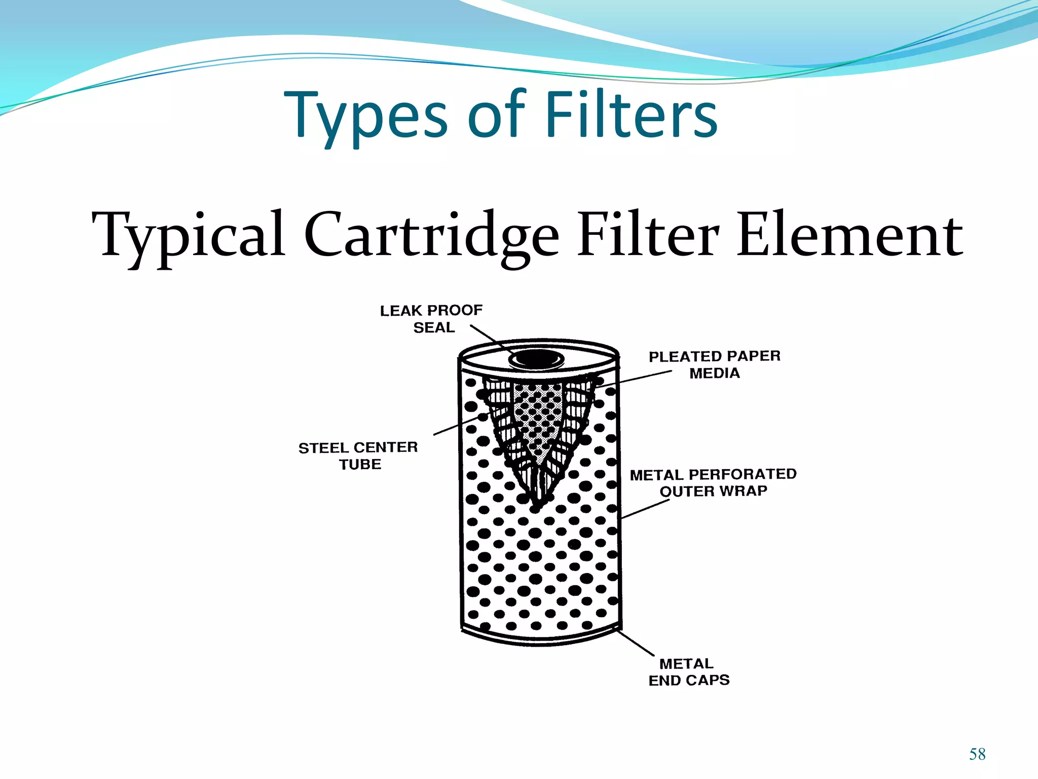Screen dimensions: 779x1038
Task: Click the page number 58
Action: pyautogui.click(x=977, y=754)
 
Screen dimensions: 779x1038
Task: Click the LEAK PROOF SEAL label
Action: pyautogui.click(x=431, y=318)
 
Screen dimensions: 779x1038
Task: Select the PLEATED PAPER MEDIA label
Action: pyautogui.click(x=715, y=364)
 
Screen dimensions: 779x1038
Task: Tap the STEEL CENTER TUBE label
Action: pyautogui.click(x=358, y=455)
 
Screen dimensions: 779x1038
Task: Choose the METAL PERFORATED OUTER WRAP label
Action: pyautogui.click(x=713, y=482)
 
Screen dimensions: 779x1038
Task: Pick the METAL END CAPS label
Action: pyautogui.click(x=689, y=671)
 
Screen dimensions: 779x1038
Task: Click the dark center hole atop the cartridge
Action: pyautogui.click(x=536, y=358)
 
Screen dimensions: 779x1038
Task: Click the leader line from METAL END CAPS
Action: pyautogui.click(x=636, y=642)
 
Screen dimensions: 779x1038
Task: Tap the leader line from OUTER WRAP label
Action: pyautogui.click(x=645, y=509)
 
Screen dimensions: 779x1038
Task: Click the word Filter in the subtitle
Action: pyautogui.click(x=648, y=236)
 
